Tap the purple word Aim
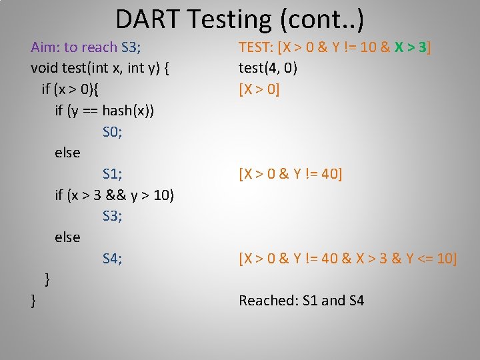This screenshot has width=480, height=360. [x=45, y=47]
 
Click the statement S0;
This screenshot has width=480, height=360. [x=113, y=131]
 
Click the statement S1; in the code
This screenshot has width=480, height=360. [x=113, y=174]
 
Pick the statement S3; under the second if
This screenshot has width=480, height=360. [x=113, y=216]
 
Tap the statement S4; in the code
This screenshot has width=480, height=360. [x=113, y=259]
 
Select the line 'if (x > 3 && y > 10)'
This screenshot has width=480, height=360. [x=115, y=195]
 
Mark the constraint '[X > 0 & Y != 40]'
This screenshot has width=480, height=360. [x=291, y=174]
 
